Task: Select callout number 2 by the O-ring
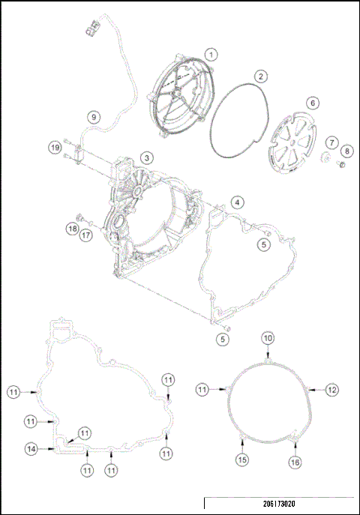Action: pyautogui.click(x=260, y=76)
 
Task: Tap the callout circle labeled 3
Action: pyautogui.click(x=147, y=157)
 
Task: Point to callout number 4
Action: pyautogui.click(x=236, y=202)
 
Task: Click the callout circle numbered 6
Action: pyautogui.click(x=312, y=103)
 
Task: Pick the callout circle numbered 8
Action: pyautogui.click(x=346, y=151)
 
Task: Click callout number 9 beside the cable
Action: pyautogui.click(x=93, y=116)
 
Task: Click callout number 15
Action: pyautogui.click(x=241, y=459)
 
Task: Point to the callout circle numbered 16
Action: pyautogui.click(x=295, y=463)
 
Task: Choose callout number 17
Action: pyautogui.click(x=86, y=235)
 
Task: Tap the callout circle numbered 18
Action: pyautogui.click(x=71, y=228)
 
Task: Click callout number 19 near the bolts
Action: pyautogui.click(x=55, y=148)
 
